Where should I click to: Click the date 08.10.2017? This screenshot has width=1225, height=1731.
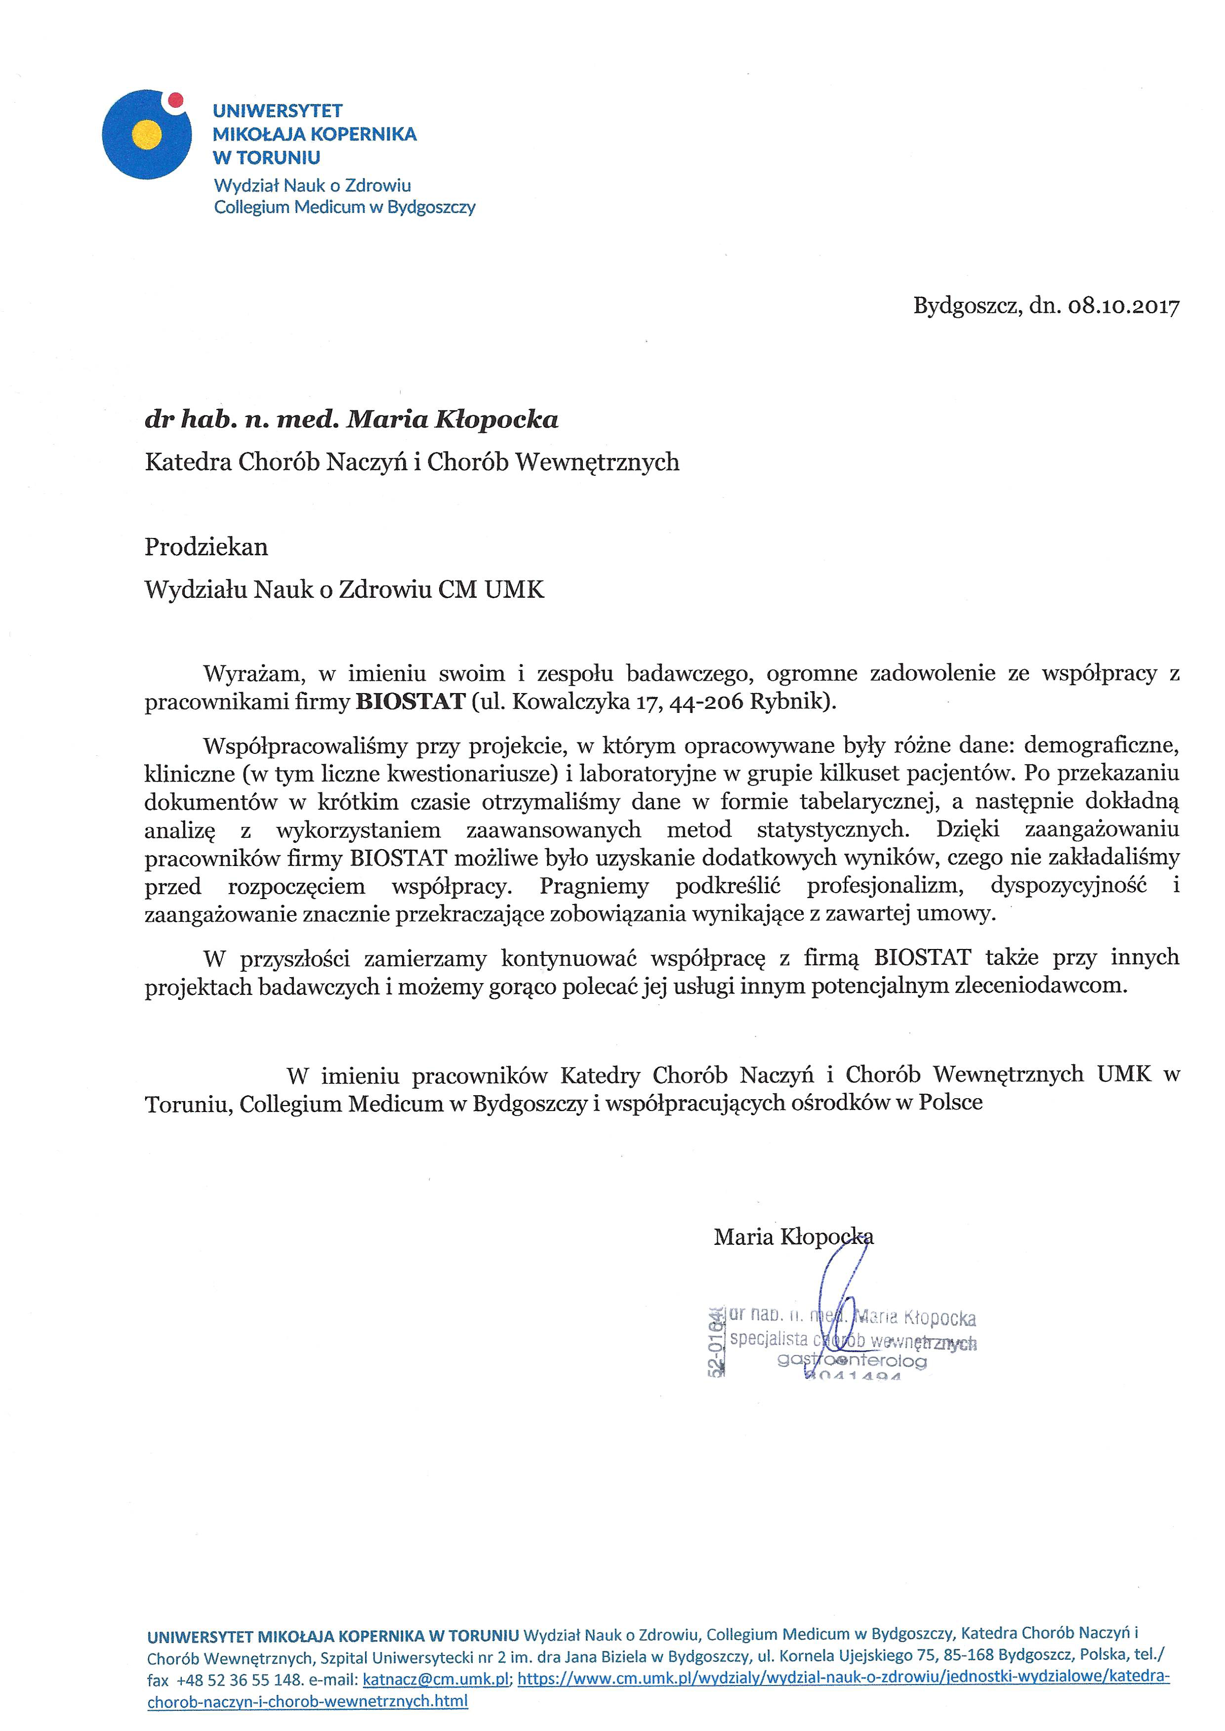(x=1123, y=306)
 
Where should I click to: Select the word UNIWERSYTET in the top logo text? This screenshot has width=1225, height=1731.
(x=278, y=111)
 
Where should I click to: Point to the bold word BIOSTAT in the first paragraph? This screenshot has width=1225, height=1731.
(x=410, y=701)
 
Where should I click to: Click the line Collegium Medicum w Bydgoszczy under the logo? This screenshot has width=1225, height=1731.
(x=345, y=207)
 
